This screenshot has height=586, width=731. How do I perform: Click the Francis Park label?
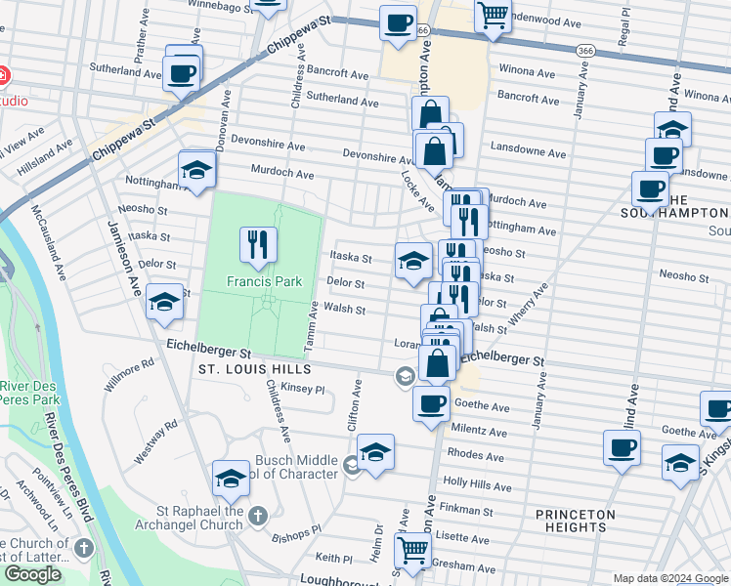259,281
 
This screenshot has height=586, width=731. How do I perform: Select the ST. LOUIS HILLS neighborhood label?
254,369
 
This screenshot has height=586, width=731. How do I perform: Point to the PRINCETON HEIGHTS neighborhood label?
576,521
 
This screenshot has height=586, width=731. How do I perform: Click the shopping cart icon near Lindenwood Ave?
494,14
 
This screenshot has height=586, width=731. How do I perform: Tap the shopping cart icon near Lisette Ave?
413,550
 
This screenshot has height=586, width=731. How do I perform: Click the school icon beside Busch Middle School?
375,452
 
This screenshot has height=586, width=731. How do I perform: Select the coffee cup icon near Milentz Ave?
431,402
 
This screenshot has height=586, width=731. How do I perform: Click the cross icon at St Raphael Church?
257,514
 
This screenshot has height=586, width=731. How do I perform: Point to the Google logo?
32,574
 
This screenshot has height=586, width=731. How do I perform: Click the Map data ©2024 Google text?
669,578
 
